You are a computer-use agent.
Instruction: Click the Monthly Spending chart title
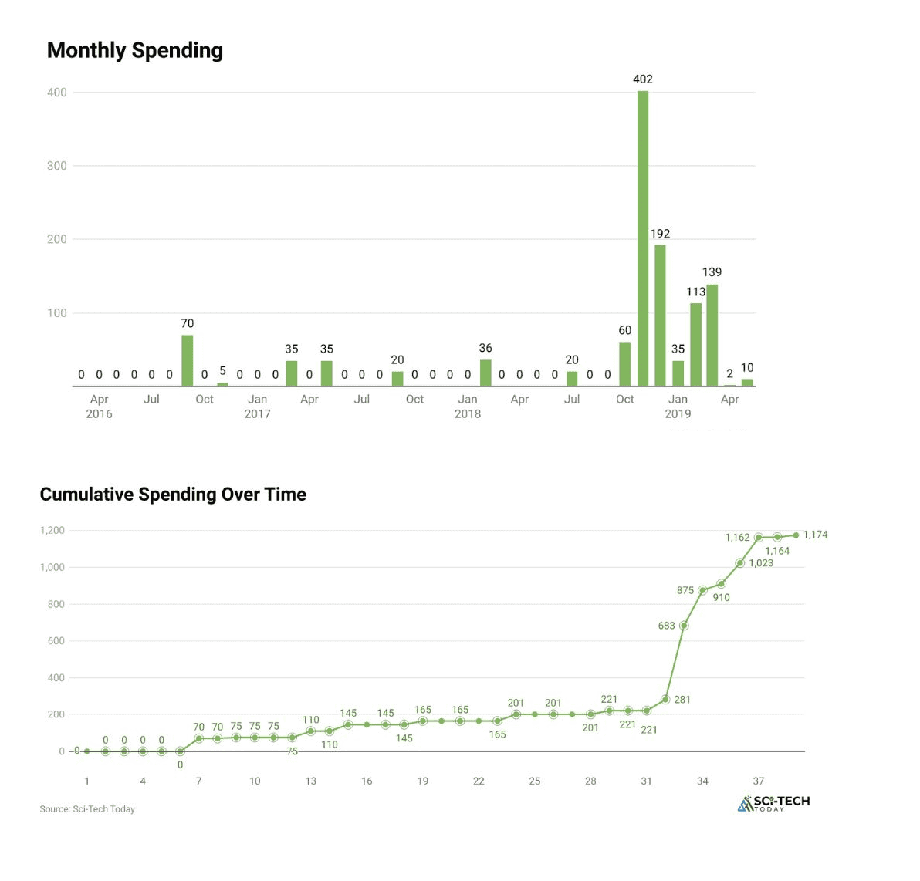click(135, 51)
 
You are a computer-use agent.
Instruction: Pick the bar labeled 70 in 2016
click(187, 360)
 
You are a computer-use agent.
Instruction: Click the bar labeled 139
click(712, 335)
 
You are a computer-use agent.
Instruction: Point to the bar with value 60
click(624, 364)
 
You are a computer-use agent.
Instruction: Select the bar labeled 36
click(485, 373)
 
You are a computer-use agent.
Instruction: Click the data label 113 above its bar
click(695, 292)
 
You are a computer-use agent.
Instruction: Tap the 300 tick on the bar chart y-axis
click(57, 166)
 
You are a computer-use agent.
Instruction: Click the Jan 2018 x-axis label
click(468, 407)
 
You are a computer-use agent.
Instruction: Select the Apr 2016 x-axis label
click(99, 407)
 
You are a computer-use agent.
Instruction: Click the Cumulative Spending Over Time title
click(173, 495)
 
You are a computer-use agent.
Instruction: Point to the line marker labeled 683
click(684, 626)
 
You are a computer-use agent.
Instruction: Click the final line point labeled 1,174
click(796, 535)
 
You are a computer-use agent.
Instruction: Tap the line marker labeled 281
click(665, 700)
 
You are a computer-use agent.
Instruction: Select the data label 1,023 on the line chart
click(761, 563)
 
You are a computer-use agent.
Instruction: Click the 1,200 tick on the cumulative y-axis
click(52, 531)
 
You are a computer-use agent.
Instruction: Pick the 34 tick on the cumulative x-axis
click(702, 781)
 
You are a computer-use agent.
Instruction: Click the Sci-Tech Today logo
click(774, 803)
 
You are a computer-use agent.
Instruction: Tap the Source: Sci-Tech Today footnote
click(87, 809)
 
